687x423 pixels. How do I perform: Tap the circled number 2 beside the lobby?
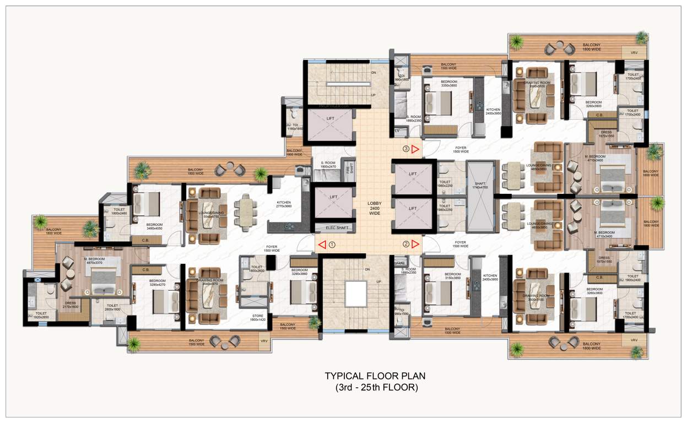pyautogui.click(x=406, y=244)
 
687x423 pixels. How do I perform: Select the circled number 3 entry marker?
pyautogui.click(x=406, y=148)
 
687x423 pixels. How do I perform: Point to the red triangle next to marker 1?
pyautogui.click(x=321, y=245)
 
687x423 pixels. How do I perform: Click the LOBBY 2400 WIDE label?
pyautogui.click(x=375, y=208)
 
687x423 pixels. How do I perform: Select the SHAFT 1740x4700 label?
pyautogui.click(x=479, y=185)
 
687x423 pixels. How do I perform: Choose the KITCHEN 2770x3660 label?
pyautogui.click(x=284, y=204)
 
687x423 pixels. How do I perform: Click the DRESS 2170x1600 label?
pyautogui.click(x=71, y=305)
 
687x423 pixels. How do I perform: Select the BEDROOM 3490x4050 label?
pyautogui.click(x=154, y=226)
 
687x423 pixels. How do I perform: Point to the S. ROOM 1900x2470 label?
pyautogui.click(x=332, y=164)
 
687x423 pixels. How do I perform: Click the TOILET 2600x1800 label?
pyautogui.click(x=112, y=307)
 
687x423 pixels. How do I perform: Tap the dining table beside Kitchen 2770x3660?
pyautogui.click(x=245, y=211)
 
